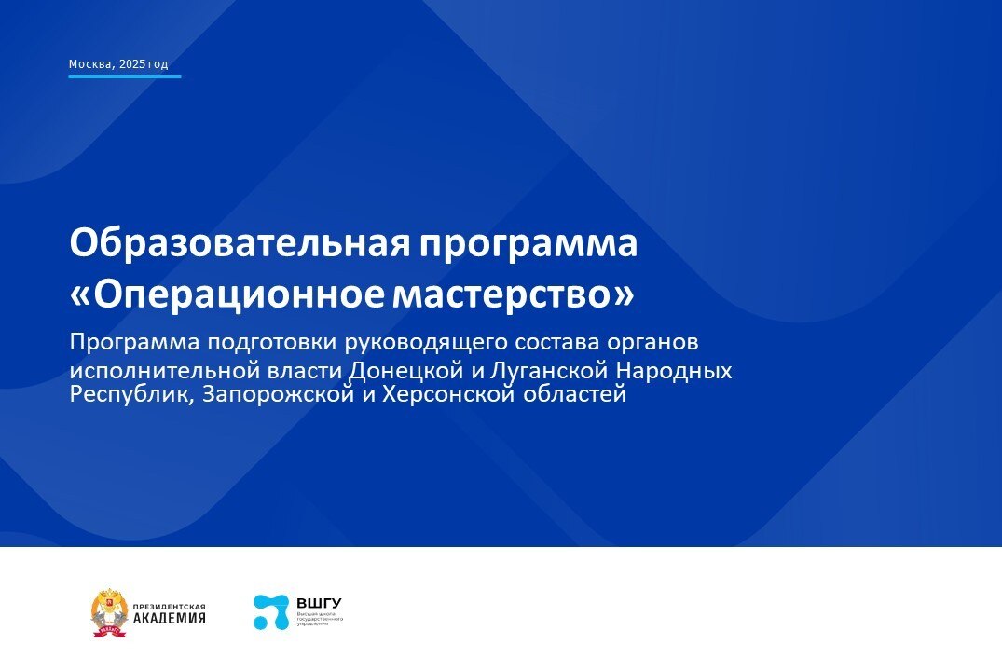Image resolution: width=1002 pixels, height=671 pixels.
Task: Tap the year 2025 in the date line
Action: [131, 64]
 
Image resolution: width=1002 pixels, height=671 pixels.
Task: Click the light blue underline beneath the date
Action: [124, 76]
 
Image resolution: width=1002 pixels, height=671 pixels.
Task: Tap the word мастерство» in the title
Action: [513, 294]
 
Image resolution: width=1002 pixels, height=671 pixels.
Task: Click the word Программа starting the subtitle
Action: [130, 342]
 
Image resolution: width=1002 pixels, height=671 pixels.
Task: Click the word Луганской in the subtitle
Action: [543, 370]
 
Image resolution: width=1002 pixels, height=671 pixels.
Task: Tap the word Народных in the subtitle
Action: [679, 370]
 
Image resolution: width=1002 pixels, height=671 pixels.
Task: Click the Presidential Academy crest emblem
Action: [109, 613]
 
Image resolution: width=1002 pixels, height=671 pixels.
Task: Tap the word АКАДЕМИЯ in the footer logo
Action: [170, 619]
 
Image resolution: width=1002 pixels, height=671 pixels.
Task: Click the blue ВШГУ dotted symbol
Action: [271, 612]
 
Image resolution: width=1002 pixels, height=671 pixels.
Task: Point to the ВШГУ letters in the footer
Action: [319, 603]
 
